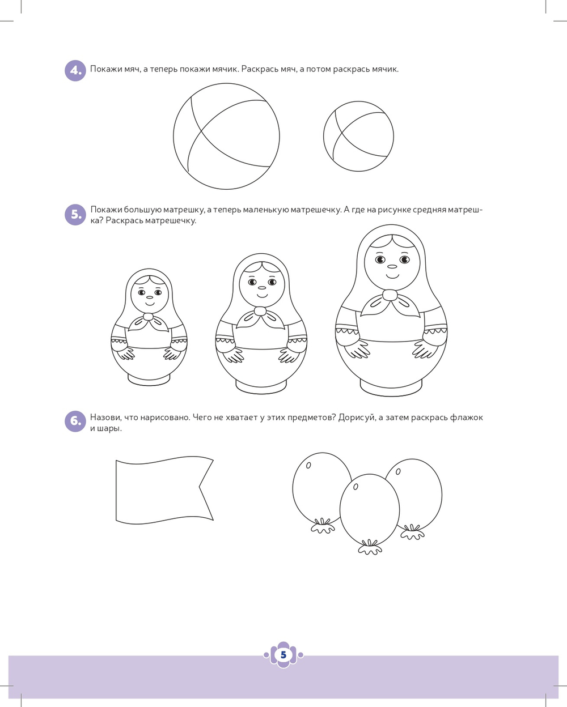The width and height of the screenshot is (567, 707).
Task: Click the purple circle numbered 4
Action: [x=75, y=71]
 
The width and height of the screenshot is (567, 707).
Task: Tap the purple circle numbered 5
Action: [x=75, y=215]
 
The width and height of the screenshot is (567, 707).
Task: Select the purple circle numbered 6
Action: [x=75, y=421]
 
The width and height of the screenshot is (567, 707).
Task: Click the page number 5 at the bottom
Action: [x=283, y=655]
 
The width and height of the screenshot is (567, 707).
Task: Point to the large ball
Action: [x=227, y=136]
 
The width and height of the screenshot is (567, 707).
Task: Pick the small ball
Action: [x=358, y=136]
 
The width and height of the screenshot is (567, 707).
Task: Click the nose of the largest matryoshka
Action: [x=392, y=266]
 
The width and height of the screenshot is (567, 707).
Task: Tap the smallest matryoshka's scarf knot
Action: [x=148, y=317]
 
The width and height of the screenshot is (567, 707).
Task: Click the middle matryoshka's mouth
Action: [x=262, y=295]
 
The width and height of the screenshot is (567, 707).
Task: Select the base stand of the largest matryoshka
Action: [x=391, y=387]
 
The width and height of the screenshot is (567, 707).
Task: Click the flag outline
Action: [x=116, y=490]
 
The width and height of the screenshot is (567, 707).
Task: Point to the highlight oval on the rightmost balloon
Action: [x=398, y=471]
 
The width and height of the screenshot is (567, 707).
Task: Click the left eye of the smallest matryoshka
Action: [x=141, y=292]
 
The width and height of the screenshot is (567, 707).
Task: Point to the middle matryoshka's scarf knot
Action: [x=260, y=310]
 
